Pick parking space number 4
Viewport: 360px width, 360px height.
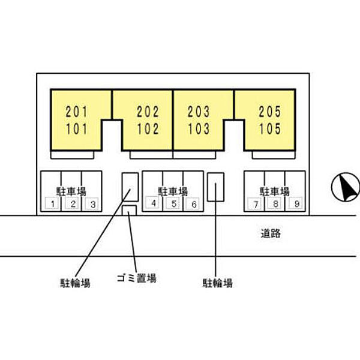point(154,203)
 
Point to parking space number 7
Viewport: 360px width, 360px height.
point(256,204)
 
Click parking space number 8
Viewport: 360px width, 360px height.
point(275,204)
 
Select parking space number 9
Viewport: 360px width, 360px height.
point(295,204)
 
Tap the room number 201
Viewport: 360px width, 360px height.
point(76,112)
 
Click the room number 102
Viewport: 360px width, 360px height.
point(148,128)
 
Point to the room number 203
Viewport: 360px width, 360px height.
point(199,112)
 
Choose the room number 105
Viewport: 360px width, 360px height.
point(269,128)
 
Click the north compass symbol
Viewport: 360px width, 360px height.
point(344,187)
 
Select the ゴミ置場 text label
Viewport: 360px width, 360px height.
point(137,278)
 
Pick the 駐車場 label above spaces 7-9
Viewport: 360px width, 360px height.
point(275,191)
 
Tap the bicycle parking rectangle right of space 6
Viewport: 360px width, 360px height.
point(215,187)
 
